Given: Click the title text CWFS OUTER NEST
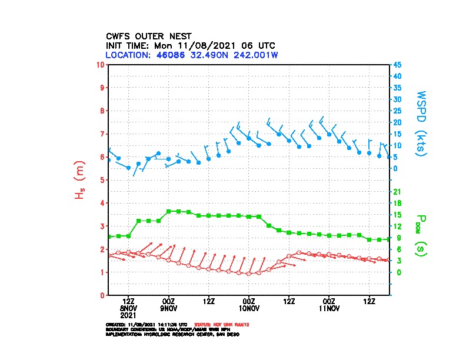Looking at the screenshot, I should click(148, 36).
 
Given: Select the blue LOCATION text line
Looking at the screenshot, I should click(192, 55).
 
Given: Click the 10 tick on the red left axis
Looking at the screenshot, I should click(101, 64).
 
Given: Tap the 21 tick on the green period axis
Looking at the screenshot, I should click(397, 192).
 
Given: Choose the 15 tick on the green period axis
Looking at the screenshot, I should click(397, 215).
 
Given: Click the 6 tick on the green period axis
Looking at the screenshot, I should click(398, 249).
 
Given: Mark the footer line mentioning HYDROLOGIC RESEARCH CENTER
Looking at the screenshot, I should click(172, 334).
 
